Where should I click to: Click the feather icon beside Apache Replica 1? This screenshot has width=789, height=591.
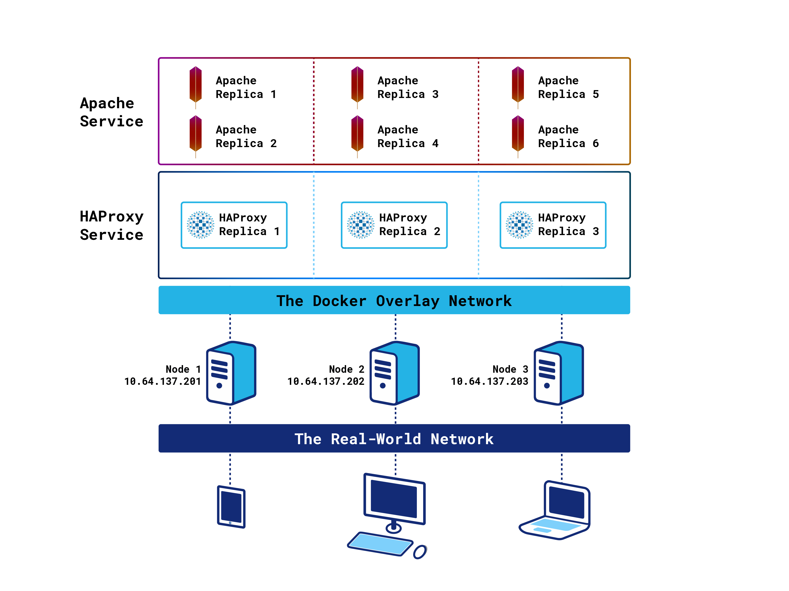click(195, 85)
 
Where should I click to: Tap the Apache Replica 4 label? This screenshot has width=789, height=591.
click(408, 136)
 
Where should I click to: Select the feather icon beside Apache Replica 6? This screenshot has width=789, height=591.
click(518, 135)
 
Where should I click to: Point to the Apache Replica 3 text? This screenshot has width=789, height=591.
click(408, 87)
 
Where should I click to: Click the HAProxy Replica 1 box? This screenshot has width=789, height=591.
click(234, 225)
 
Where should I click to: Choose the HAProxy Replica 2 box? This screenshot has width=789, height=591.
click(394, 225)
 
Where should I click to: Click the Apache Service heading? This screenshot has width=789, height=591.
click(111, 112)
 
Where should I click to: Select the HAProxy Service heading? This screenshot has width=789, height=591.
click(111, 225)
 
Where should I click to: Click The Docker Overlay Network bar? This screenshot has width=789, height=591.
click(394, 300)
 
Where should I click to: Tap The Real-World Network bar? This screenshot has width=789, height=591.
click(394, 439)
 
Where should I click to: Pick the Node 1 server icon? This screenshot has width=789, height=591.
click(231, 373)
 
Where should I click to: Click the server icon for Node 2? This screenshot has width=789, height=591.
click(394, 373)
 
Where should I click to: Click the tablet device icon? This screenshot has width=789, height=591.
click(231, 507)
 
